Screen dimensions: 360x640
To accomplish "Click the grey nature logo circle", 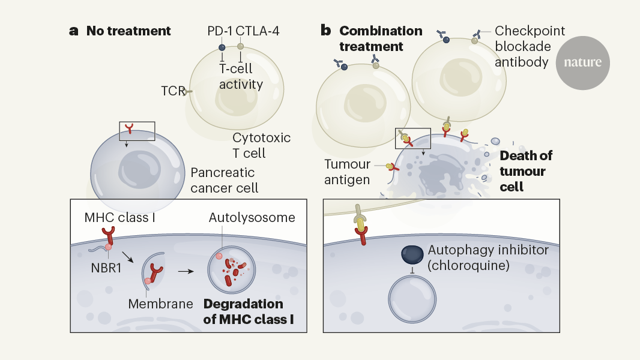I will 582,62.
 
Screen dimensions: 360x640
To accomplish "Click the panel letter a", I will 74,31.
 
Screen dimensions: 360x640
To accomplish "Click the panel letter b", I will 326,31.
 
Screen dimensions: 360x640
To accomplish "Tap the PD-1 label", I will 218,31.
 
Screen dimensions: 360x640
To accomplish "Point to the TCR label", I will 173,91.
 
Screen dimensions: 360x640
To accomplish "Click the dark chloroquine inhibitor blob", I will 412,254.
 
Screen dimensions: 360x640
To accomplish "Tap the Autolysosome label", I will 252,217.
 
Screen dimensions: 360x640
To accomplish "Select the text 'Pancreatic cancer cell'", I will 225,180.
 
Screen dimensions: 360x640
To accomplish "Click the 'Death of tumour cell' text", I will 525,171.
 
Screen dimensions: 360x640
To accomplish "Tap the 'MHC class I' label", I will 119,217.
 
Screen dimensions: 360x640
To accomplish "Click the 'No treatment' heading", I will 128,31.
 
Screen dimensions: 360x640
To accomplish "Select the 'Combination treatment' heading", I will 381,38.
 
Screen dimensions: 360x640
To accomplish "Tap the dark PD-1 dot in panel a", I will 222,47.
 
